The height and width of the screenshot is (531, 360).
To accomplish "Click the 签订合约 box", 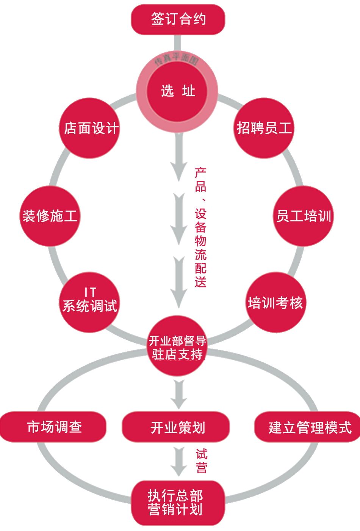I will [178, 19].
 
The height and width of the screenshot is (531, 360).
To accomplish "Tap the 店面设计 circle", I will [90, 128].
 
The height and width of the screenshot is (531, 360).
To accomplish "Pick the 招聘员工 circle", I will [264, 128].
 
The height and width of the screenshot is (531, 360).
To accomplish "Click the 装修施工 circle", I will [50, 216].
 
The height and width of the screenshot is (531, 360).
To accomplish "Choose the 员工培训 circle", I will [303, 216].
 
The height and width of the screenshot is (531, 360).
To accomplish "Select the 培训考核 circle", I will [275, 302].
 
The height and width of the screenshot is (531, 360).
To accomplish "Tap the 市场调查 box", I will [53, 427].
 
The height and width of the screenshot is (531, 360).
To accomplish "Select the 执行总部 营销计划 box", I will [177, 503].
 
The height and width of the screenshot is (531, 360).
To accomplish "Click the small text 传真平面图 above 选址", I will [177, 59].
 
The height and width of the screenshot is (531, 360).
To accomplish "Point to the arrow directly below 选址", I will [178, 159].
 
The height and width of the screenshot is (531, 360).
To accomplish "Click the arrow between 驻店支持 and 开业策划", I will [178, 394].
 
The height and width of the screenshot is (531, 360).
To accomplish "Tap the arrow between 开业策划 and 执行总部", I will [178, 461].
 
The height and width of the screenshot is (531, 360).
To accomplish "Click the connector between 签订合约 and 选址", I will [177, 43].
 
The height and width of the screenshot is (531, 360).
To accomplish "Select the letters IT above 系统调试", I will [90, 292].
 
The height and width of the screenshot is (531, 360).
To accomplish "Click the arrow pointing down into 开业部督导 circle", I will [178, 283].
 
